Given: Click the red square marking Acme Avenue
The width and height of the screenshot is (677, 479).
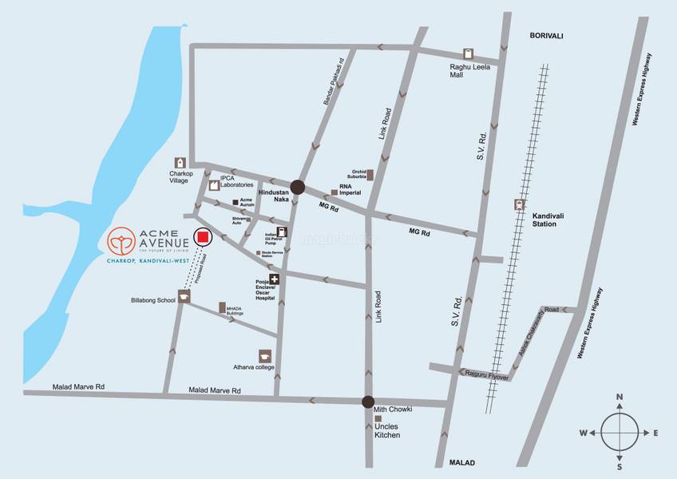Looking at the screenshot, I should tap(203, 237).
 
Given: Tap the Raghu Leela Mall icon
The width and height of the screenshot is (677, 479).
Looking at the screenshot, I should tap(468, 53).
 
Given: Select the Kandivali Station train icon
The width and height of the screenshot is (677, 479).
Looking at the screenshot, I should tap(521, 204).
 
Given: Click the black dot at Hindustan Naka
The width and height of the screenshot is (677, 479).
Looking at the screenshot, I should tap(298, 188).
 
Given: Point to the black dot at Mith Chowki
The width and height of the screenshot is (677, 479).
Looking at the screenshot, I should tap(368, 402).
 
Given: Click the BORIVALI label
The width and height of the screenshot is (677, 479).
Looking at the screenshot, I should tap(547, 36).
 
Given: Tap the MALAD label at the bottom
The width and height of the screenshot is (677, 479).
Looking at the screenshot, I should tap(461, 463).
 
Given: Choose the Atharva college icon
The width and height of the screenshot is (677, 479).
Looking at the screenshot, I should tap(265, 356).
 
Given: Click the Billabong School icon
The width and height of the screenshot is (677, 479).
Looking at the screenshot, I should tap(184, 297).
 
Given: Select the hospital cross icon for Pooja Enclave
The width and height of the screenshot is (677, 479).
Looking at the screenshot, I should tap(275, 279).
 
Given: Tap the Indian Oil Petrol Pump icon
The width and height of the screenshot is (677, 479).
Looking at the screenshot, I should tap(282, 232).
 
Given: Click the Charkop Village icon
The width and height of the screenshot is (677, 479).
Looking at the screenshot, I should tap(180, 163).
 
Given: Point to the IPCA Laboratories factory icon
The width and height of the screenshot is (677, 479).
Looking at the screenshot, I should tap(214, 185).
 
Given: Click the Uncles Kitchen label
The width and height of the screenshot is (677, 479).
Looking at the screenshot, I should tap(387, 430).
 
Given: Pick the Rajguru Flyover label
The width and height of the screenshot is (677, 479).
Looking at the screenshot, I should tap(484, 373).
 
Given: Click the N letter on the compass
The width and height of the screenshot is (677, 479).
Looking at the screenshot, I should tap(620, 396).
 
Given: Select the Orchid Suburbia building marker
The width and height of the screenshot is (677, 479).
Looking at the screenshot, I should tap(370, 174).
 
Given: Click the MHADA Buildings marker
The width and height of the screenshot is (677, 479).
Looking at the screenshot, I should tap(222, 307).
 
